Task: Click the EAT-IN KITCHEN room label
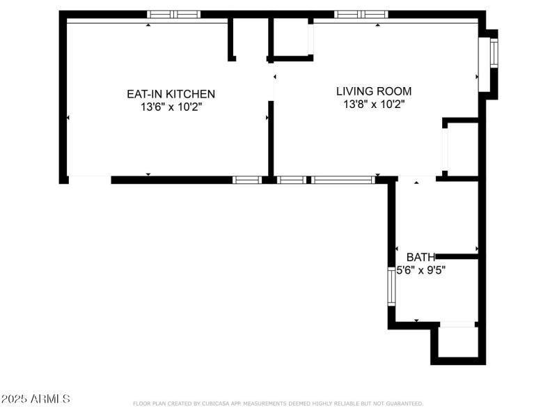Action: [171, 94]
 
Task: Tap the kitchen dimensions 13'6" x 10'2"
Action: [171, 107]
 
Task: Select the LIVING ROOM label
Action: [374, 91]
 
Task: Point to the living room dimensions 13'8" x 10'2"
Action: [374, 104]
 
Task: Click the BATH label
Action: [421, 257]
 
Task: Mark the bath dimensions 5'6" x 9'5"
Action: [421, 270]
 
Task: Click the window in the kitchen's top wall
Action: [173, 14]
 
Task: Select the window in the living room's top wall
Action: [361, 14]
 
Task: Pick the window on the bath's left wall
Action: [391, 286]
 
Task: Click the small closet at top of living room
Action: [291, 38]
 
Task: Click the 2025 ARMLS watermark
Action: [36, 399]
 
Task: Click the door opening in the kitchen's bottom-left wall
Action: [90, 180]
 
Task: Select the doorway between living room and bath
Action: [416, 180]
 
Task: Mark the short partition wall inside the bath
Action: [456, 256]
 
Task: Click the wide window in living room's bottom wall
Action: [343, 180]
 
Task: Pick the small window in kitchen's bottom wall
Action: [246, 180]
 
